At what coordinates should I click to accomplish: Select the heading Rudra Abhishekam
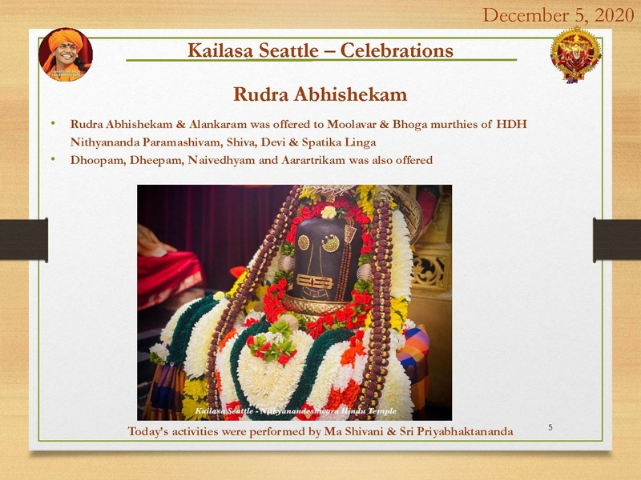point(320,94)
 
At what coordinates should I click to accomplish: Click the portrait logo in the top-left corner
point(66,54)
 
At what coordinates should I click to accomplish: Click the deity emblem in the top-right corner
point(575,54)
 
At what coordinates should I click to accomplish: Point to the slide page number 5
point(550,428)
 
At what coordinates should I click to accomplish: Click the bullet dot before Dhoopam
point(53,159)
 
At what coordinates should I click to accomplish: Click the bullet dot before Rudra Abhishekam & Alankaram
point(53,125)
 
